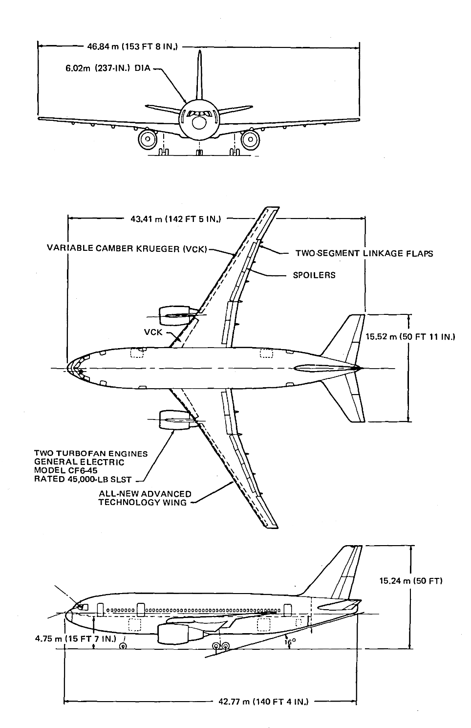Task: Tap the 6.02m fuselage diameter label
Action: click(x=108, y=69)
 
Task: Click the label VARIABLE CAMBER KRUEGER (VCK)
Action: click(x=127, y=248)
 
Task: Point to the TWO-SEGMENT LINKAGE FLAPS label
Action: click(x=364, y=253)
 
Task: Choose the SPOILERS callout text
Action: click(x=314, y=275)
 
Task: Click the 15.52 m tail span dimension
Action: click(x=410, y=337)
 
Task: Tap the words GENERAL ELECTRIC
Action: click(x=79, y=462)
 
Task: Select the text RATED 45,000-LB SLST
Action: click(x=83, y=479)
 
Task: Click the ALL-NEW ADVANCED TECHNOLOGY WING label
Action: click(x=145, y=498)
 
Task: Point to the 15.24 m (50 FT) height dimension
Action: click(x=410, y=581)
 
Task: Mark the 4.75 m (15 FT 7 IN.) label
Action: click(x=76, y=639)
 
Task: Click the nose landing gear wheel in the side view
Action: click(x=123, y=646)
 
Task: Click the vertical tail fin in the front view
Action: click(x=199, y=76)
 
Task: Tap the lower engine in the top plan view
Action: click(x=174, y=420)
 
